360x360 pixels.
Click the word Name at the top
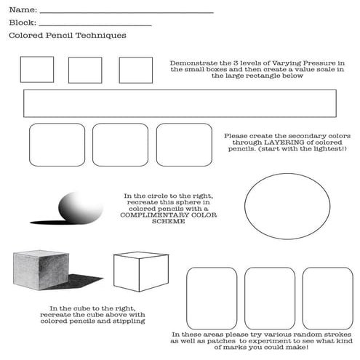tap(21, 10)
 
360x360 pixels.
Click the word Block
tap(21, 23)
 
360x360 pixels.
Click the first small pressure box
tap(36, 70)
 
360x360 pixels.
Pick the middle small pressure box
tap(85, 70)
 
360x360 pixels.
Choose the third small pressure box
tap(136, 70)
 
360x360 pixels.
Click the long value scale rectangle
tap(179, 103)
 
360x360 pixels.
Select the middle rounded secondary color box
tap(120, 144)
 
